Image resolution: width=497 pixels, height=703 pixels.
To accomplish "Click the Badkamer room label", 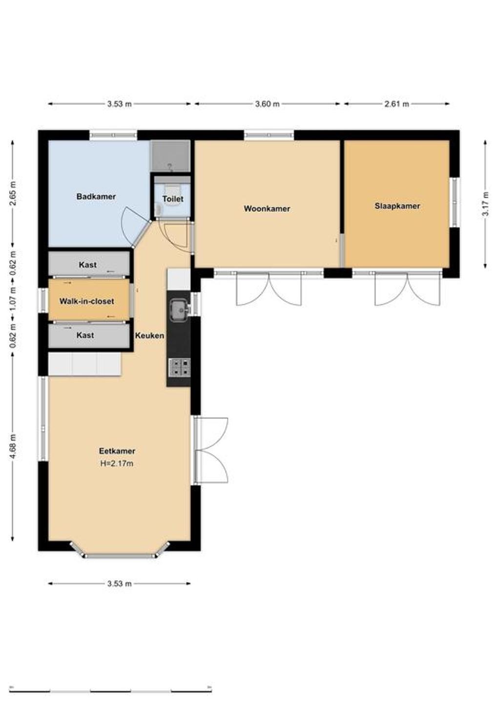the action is point(96,197).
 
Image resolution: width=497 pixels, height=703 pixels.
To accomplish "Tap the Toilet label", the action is point(173,199).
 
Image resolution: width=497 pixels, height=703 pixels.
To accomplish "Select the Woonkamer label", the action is point(267,209).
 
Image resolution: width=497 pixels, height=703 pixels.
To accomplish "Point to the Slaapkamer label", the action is point(397,206).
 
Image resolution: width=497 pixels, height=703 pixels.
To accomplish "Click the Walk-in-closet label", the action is point(86,301).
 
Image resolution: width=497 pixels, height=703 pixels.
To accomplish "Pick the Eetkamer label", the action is point(117,451).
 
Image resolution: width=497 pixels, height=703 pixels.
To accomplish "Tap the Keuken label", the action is point(150,335).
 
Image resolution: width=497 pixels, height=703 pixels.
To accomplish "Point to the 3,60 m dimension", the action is point(268,104).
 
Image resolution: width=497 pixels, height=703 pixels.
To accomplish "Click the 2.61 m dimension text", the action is point(397,104).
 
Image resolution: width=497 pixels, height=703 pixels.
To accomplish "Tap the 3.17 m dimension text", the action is point(486,204).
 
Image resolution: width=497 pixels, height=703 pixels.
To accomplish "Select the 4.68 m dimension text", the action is point(13,446).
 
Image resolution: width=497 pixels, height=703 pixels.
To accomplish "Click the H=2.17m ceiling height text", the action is point(117,463).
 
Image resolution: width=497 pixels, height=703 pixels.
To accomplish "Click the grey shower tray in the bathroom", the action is point(170,156).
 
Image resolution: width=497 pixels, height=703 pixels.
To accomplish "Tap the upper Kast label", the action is point(88,265).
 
